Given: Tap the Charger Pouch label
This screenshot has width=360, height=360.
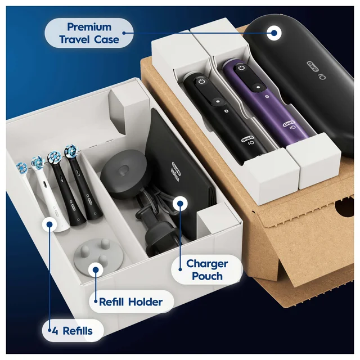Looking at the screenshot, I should [x=207, y=270].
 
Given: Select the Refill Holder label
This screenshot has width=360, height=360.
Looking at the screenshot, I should [x=130, y=302].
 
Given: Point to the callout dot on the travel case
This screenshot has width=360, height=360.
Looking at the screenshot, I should [x=274, y=33].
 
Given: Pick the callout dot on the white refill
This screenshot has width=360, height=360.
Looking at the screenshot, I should [x=49, y=224].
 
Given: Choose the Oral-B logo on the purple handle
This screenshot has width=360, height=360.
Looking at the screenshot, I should [x=289, y=124].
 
